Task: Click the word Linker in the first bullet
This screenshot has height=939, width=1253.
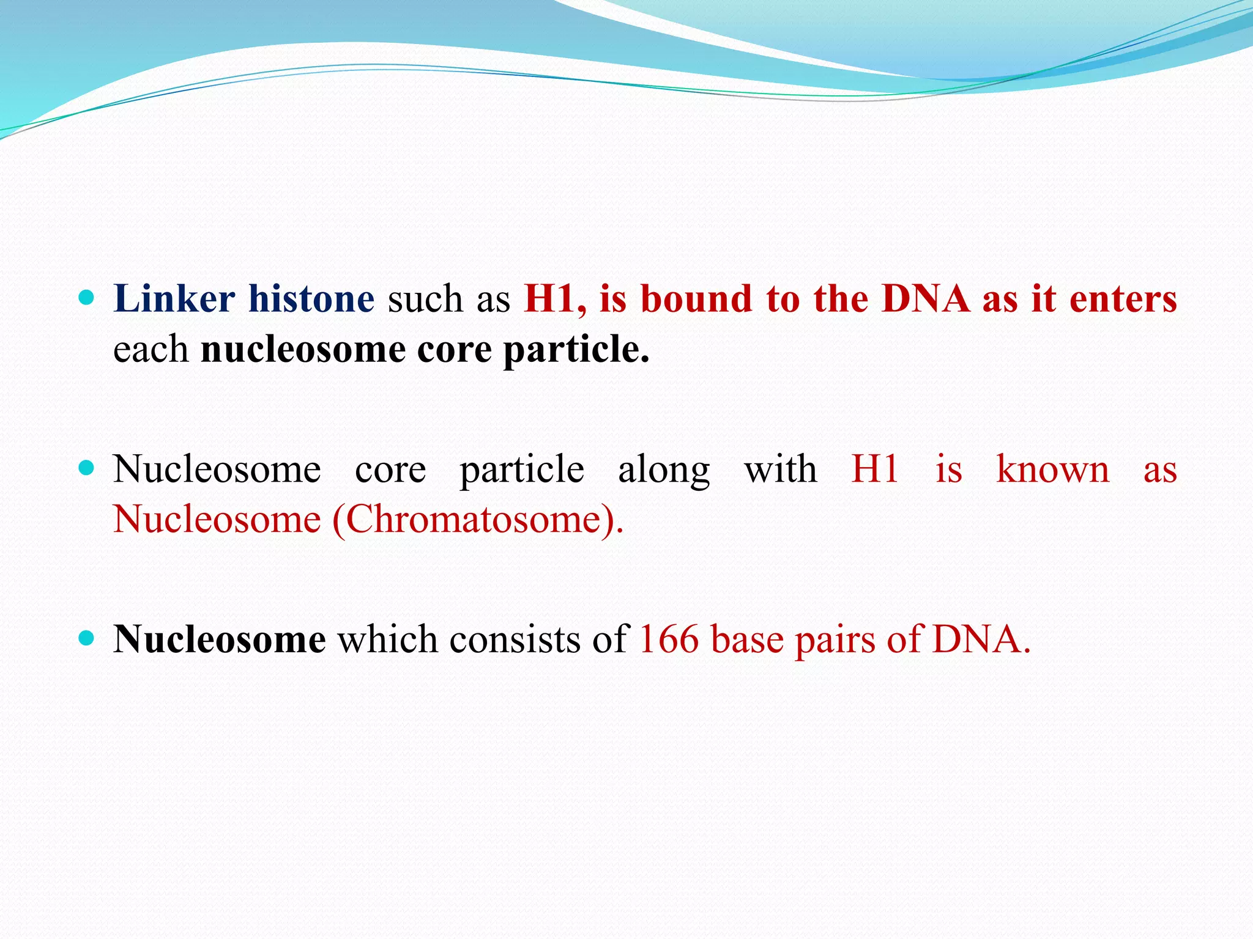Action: coord(174,300)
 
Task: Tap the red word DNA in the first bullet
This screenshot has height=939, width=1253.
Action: coord(926,300)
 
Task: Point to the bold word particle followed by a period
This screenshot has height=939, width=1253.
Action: coord(576,350)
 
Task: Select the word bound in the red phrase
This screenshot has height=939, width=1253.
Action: coord(696,300)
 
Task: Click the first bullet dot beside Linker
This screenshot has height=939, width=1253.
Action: coord(87,298)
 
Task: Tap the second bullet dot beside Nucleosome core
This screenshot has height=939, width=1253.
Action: coord(87,468)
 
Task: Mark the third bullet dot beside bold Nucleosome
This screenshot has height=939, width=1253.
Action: coord(87,638)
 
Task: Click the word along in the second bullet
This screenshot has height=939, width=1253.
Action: coord(664,471)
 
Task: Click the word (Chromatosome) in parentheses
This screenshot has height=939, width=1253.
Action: coord(478,520)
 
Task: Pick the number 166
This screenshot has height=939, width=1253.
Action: coord(669,640)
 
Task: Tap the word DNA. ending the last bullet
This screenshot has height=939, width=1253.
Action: coord(981,640)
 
